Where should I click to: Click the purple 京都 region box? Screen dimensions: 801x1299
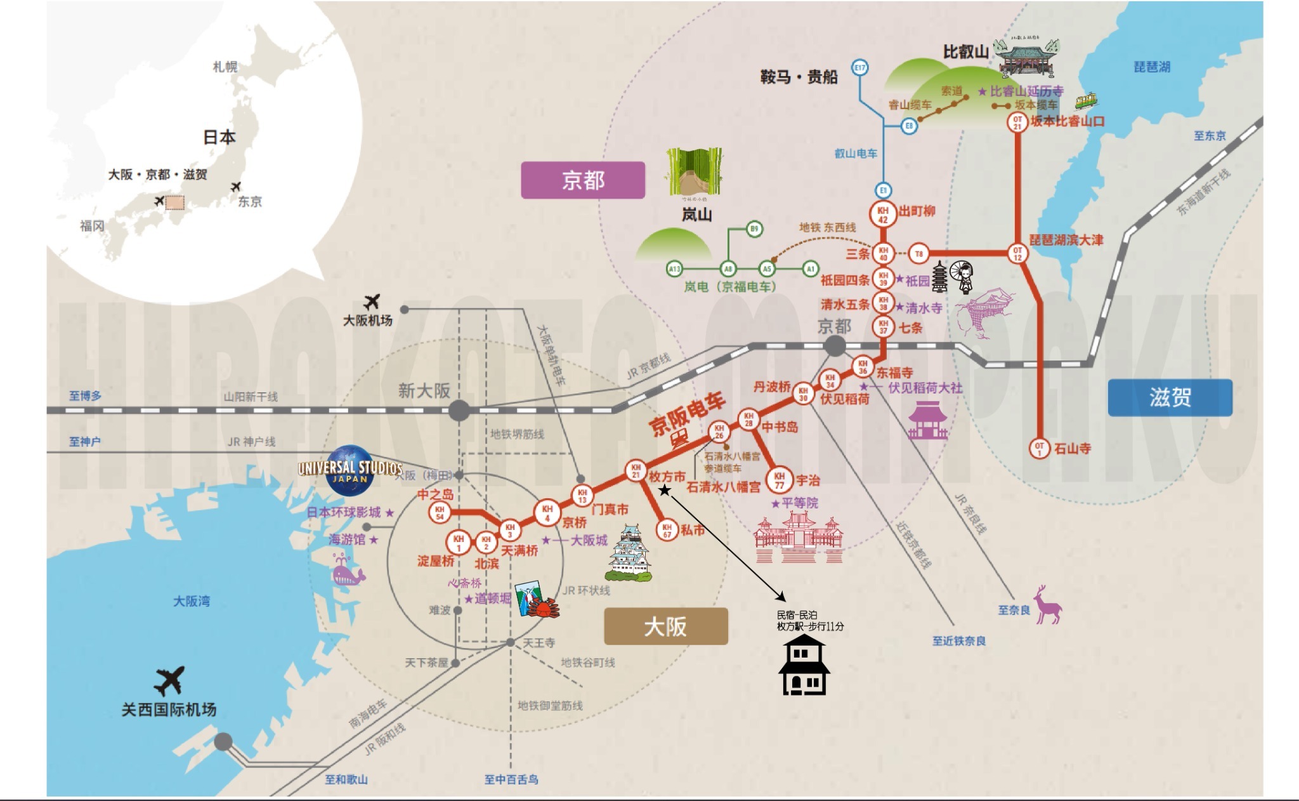[x=582, y=180]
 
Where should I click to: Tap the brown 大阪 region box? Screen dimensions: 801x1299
[x=665, y=626]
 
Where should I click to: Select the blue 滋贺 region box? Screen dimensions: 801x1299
[x=1170, y=398]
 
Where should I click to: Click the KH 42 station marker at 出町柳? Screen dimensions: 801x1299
[x=883, y=214]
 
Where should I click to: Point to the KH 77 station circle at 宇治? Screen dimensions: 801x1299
[x=780, y=480]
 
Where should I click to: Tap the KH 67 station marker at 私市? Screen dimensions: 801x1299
[x=667, y=530]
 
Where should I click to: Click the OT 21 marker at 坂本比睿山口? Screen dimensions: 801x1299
[x=1017, y=122]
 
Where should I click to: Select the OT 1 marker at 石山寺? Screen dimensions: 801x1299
[x=1039, y=449]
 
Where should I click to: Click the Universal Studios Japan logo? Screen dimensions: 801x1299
[x=349, y=470]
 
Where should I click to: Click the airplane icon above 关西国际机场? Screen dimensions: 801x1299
[x=169, y=680]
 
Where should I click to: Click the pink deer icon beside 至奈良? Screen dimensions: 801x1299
[x=1047, y=606]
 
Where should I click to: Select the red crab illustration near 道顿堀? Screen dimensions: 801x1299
[x=543, y=607]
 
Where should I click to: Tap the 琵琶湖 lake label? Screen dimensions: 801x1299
[x=1152, y=67]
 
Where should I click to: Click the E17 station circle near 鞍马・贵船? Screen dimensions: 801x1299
[x=859, y=67]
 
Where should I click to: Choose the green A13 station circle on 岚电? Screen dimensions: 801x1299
[x=674, y=269]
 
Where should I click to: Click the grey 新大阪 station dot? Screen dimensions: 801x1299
[x=459, y=411]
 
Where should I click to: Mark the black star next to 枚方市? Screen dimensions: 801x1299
[x=664, y=490]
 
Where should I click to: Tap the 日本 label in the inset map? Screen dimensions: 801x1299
[x=219, y=137]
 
